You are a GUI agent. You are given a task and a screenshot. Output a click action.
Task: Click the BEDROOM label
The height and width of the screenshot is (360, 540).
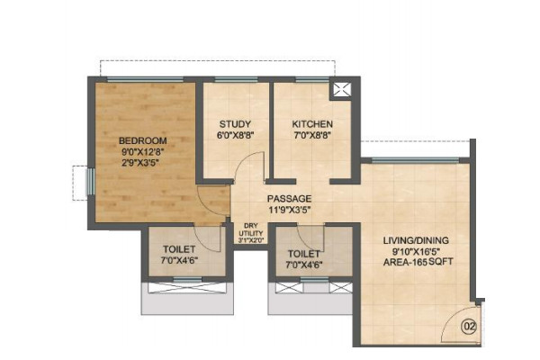click(x=142, y=140)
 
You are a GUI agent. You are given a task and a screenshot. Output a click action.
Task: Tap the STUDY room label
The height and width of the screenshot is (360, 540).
click(x=235, y=124)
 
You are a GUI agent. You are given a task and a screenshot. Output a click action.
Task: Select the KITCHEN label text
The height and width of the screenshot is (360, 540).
click(x=312, y=124)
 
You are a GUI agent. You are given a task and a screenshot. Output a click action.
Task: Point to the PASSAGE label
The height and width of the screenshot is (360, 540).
click(x=289, y=199)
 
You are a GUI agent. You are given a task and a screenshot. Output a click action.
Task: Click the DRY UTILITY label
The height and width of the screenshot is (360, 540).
click(x=251, y=229)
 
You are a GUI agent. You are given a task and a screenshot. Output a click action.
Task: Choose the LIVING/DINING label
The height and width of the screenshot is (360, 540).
click(x=416, y=240)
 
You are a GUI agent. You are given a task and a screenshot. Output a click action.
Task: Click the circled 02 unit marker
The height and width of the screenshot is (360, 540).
click(x=470, y=326)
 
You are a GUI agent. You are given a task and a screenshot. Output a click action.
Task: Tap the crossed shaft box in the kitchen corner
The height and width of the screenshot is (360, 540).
click(x=340, y=91)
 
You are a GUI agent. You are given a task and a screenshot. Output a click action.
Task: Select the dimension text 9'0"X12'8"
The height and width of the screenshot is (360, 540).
click(x=142, y=151)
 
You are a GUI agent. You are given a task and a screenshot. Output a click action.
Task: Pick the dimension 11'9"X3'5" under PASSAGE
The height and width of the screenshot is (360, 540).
click(x=289, y=210)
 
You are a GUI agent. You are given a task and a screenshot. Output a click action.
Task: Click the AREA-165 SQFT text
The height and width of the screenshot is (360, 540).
click(x=418, y=262)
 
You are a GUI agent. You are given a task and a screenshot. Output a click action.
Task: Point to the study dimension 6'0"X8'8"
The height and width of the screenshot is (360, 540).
click(x=235, y=135)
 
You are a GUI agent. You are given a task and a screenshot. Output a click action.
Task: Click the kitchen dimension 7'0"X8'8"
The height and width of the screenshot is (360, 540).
click(x=312, y=135)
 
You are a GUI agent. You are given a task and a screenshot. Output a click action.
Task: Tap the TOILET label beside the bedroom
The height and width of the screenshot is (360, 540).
click(x=179, y=249)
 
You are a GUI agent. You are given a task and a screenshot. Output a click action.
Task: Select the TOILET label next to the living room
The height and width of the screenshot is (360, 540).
click(x=304, y=254)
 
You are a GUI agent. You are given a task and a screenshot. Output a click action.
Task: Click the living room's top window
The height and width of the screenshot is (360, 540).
click(x=415, y=160)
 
